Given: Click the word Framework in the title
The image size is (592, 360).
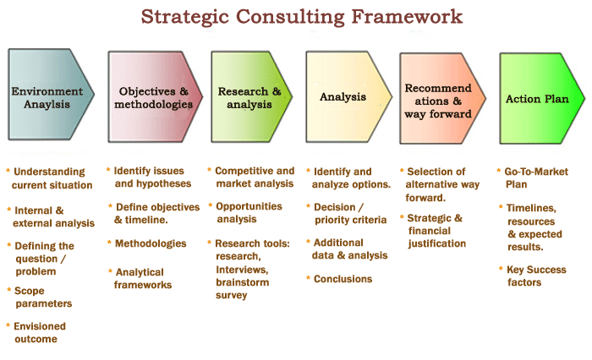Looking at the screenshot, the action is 407,17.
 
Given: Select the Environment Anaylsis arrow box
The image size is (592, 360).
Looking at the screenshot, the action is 51,95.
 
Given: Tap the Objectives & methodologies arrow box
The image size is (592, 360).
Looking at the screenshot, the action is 155,96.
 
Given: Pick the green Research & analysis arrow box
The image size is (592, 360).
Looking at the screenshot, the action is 251,96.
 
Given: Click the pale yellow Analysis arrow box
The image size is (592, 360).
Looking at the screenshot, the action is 348,97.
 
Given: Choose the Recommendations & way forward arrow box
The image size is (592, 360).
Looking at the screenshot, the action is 442,98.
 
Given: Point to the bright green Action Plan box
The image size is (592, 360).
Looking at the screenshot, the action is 542,98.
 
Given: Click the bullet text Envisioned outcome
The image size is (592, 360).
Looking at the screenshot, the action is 39,332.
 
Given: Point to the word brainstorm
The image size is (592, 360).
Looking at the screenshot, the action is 243,282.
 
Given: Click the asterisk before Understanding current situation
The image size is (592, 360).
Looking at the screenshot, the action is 8,171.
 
